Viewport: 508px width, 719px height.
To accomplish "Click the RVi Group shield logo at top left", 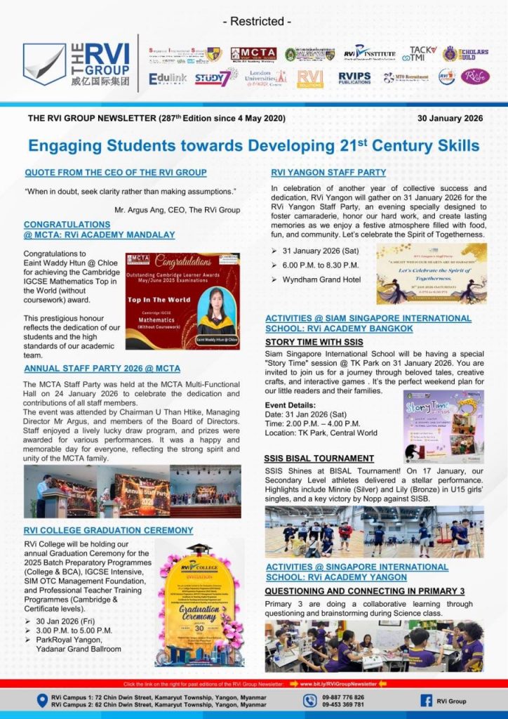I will tap(44, 64).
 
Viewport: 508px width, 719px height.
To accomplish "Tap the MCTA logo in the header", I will tap(253, 54).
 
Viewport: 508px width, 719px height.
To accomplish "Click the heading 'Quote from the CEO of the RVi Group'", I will tap(116, 173).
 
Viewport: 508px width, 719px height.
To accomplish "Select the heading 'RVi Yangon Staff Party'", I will tap(328, 173).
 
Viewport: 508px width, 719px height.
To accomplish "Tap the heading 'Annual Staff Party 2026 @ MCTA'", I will tap(102, 368).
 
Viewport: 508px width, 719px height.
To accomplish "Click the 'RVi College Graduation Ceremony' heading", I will tap(108, 530).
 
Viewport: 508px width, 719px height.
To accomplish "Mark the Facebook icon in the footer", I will tap(425, 700).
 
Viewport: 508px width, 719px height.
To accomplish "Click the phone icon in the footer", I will tap(309, 700).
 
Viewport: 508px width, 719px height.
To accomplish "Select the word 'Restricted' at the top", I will tap(256, 22).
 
